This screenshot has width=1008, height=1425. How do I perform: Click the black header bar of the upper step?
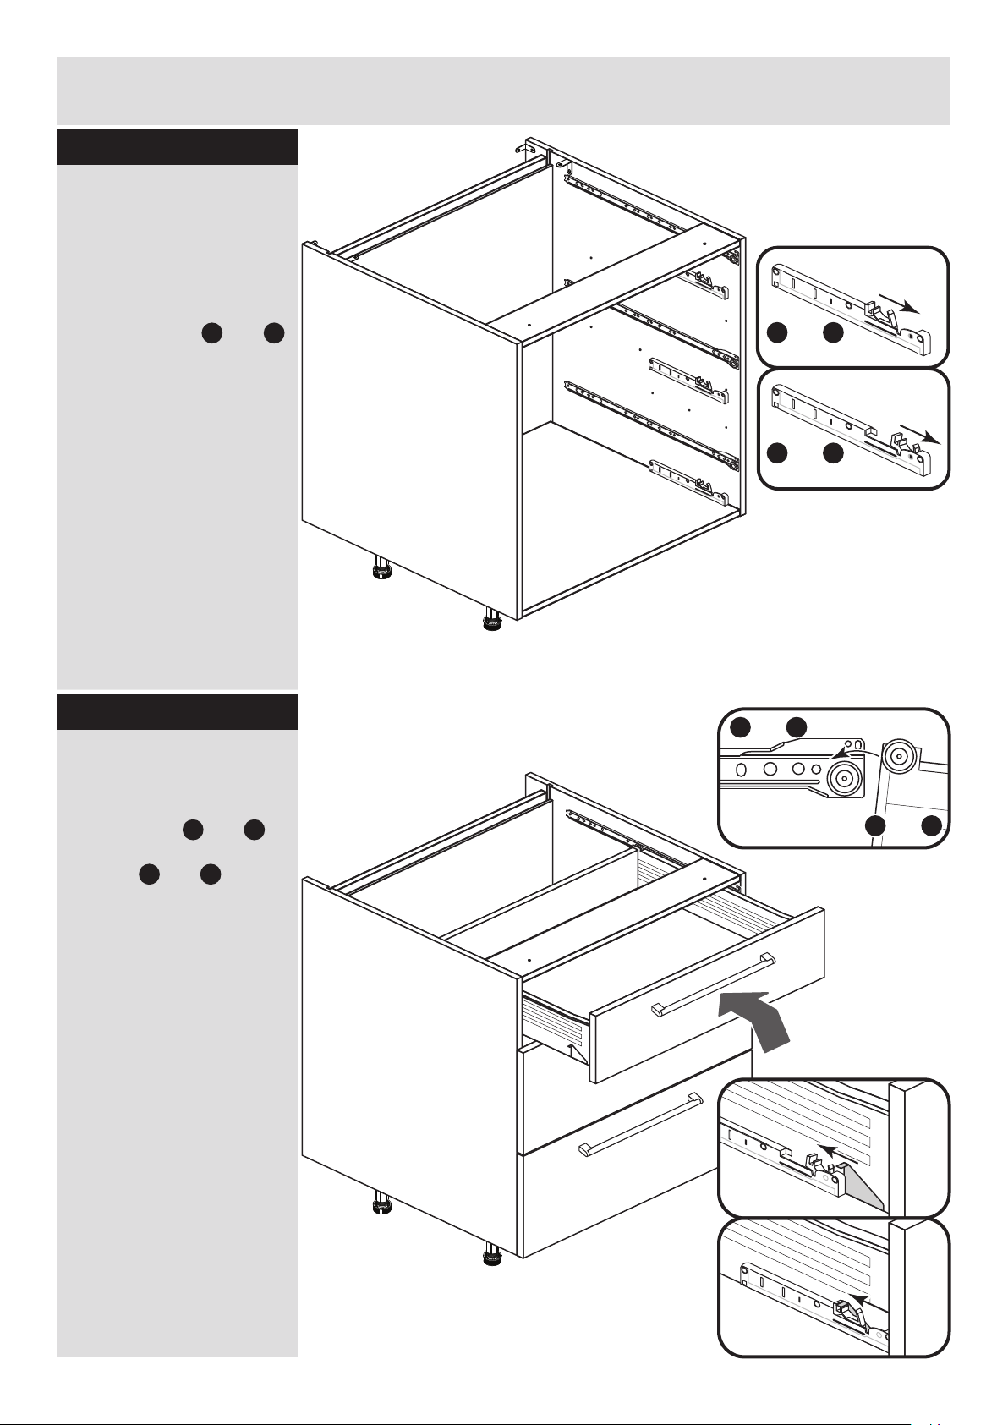click(x=177, y=147)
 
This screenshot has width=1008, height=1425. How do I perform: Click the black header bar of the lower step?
click(x=177, y=712)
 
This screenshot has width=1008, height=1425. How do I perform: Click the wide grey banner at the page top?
click(x=503, y=90)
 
